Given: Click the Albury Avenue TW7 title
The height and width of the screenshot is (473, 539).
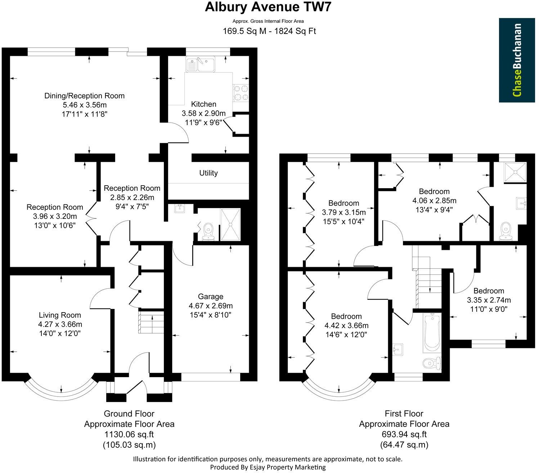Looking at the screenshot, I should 267,7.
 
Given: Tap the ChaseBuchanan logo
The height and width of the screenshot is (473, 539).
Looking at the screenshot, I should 517,60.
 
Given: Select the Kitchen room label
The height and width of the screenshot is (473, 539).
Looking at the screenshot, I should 203,104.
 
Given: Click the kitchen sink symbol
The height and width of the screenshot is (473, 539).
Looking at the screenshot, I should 200,64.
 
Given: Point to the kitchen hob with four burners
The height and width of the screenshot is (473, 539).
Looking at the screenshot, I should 241,92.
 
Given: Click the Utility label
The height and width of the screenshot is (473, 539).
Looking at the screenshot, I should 208,173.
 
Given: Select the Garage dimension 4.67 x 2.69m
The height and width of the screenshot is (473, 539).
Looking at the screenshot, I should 211,306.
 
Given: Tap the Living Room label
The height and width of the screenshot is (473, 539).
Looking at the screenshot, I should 60,315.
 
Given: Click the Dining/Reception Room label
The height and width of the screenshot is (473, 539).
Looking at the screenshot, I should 84,96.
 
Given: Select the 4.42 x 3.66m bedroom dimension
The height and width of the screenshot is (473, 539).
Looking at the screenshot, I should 346,326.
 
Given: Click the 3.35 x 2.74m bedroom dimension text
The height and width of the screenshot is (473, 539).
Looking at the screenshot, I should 489,300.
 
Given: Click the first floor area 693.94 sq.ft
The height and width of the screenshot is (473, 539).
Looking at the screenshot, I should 404,434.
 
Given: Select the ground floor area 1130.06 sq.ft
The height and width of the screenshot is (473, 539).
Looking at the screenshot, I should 129,434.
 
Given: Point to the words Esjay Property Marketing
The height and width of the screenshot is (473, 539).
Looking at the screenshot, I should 284,467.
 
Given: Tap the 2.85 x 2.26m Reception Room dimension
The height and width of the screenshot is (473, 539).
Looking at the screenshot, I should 132,198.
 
